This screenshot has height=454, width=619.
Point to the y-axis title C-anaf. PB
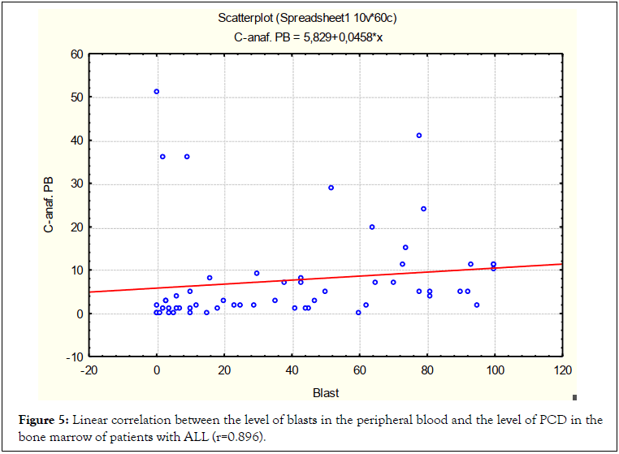point(50,205)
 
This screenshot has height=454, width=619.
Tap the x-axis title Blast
point(326,393)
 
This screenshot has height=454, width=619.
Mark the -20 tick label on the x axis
point(89,371)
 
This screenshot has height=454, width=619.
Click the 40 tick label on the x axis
point(292,371)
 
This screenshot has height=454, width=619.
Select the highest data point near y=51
point(157,92)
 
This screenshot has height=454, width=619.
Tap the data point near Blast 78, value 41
point(419,136)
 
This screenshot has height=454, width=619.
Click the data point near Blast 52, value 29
point(331,188)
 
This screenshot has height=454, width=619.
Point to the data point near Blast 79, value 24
point(423,209)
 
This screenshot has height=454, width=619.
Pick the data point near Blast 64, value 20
point(372,227)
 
